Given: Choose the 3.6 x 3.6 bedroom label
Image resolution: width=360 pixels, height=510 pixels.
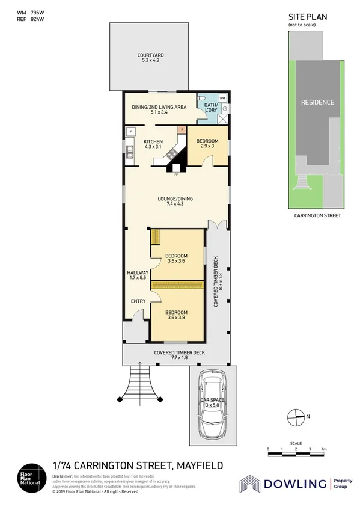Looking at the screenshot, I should coord(177,257).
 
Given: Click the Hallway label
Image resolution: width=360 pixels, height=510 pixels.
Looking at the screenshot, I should coord(138,275).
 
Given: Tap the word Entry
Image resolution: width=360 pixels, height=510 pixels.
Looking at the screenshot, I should coord(138,301).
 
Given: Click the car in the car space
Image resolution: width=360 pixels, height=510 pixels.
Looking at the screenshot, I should coord(213,404).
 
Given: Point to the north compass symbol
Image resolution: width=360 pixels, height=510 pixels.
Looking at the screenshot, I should coord(296,416).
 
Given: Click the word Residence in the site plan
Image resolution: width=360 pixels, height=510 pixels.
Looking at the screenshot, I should coord(317,102).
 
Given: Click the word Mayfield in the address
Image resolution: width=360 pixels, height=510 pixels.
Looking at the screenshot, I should coord(198,465).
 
